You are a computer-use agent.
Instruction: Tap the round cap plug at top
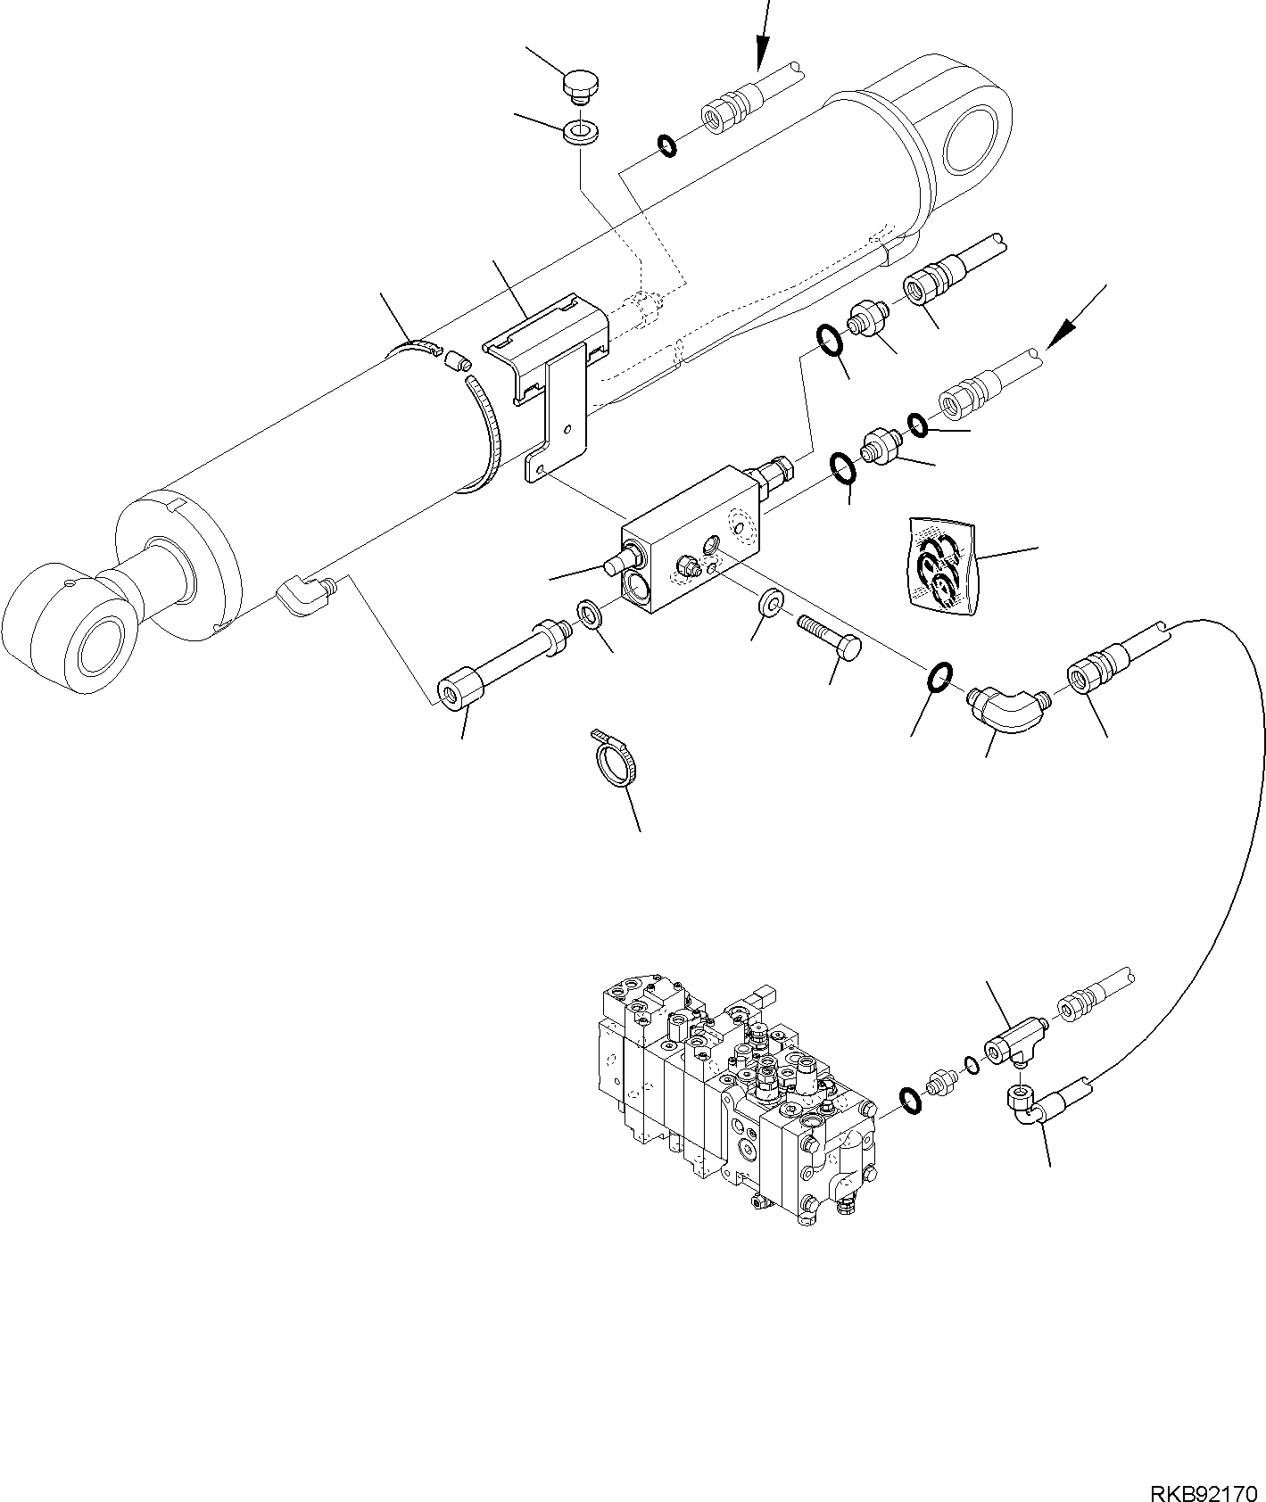[x=581, y=87]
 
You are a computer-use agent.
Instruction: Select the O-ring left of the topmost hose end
[x=666, y=145]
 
